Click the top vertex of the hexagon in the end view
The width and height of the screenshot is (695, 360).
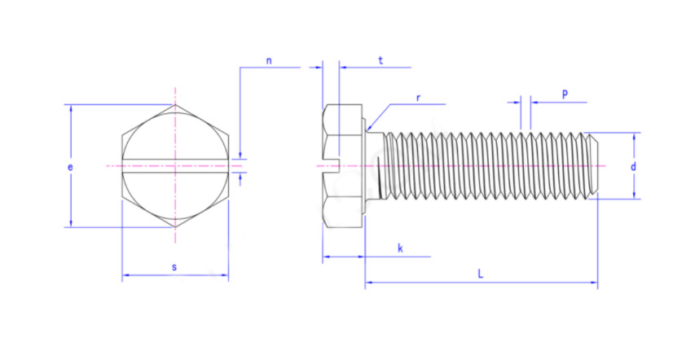coord(175,104)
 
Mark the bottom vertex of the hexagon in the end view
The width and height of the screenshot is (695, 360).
coord(175,227)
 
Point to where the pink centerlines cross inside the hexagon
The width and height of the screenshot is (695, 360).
coord(175,166)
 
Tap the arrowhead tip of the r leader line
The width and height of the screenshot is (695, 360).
coord(367,131)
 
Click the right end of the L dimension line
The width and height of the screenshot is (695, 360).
coord(597,282)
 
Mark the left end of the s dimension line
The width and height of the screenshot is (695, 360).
coord(122,274)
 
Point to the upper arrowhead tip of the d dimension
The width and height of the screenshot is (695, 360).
coord(634,133)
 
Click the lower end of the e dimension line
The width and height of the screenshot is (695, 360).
coord(71,227)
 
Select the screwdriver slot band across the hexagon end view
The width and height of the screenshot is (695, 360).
coord(175,165)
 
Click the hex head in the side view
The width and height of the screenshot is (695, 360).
coord(343,166)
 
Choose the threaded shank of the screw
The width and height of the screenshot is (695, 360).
coord(490,166)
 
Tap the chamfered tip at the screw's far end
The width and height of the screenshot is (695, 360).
coord(594,166)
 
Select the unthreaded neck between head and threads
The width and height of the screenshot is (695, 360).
coord(375,165)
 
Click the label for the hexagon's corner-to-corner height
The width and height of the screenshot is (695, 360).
coord(70,167)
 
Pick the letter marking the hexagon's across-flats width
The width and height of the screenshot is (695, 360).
coord(174,267)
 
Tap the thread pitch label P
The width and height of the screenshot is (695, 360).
coord(565,94)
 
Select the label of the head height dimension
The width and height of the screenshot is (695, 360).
coord(400,248)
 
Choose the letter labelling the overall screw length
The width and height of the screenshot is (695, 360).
coord(481,274)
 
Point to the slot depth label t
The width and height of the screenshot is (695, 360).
coord(380,60)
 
